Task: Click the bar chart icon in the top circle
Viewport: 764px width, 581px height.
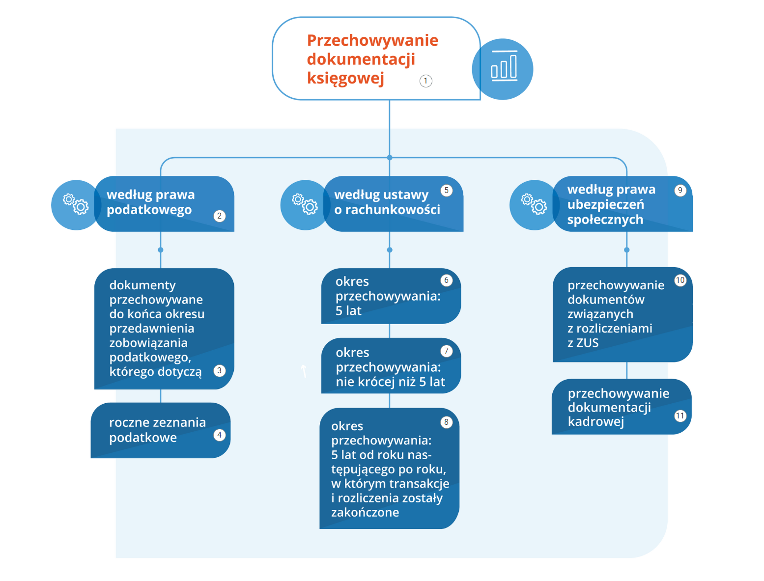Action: tap(504, 67)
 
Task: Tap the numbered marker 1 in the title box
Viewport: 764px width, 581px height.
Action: tap(426, 81)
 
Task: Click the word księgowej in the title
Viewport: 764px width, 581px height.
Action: tap(345, 78)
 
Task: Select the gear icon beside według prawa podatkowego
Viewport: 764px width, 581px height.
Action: tap(76, 204)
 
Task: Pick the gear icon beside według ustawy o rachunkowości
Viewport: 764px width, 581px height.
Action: tap(305, 204)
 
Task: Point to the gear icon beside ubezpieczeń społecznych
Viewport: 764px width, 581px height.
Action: tap(534, 204)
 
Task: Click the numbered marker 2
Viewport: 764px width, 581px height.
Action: tap(220, 216)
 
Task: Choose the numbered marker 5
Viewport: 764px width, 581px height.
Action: tap(446, 190)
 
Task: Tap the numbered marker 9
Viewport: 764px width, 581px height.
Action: tap(680, 190)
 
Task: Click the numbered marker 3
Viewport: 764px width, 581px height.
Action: tap(220, 370)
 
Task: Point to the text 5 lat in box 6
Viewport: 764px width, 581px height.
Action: tap(348, 311)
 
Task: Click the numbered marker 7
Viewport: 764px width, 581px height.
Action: tap(446, 351)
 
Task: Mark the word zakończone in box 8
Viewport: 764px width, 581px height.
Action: tap(365, 513)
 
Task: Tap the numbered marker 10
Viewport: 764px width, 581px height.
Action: tap(680, 280)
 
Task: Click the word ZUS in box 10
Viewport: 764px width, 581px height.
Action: tap(588, 343)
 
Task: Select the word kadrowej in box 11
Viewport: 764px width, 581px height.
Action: tap(595, 422)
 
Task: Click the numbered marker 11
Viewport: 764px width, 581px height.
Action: tap(680, 416)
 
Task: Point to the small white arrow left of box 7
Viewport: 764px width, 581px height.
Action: tap(304, 371)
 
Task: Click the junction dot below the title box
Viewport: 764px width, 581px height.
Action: tap(390, 158)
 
